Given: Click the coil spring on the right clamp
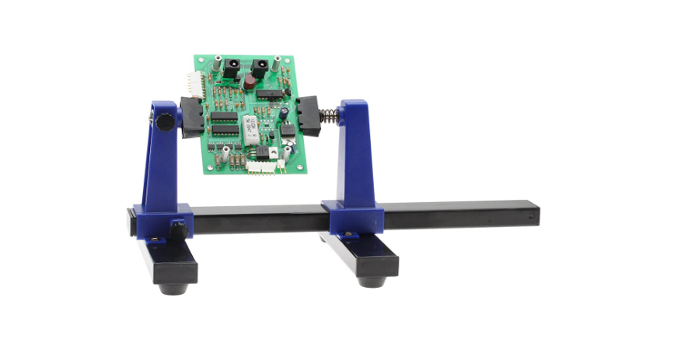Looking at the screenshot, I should (329, 114).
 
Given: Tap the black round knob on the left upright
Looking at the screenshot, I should (164, 123).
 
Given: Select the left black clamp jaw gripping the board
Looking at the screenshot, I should (191, 117).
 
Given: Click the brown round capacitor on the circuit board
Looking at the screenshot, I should (250, 81).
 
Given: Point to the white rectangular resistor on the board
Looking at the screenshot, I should (250, 128).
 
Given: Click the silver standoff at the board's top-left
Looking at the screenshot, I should (217, 60).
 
